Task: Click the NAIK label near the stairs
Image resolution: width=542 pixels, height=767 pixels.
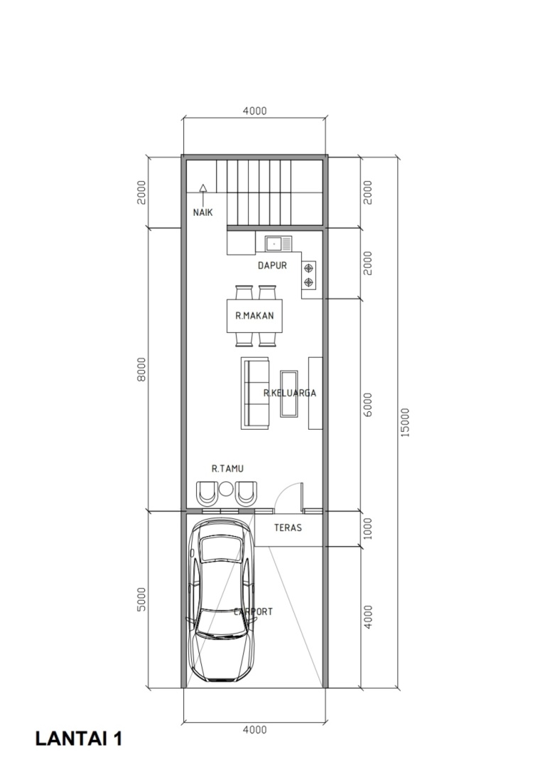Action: coord(203,213)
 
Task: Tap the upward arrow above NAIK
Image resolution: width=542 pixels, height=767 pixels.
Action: coord(203,195)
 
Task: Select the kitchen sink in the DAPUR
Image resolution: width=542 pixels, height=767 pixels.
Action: coord(278,244)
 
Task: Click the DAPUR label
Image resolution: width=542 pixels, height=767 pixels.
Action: coord(273,266)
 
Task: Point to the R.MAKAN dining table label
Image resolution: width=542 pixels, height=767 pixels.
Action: coord(254,315)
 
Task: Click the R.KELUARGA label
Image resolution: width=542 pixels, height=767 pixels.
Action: coord(290,393)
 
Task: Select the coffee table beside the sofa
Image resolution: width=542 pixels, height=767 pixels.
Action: coord(288,393)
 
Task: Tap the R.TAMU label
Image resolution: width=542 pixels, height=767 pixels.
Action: coord(227,469)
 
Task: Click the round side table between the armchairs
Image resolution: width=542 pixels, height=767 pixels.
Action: coord(226,489)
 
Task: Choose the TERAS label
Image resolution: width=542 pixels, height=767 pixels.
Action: coord(288,528)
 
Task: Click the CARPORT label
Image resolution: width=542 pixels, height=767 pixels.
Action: coord(253,611)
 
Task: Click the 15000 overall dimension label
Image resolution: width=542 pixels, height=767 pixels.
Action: coord(406,423)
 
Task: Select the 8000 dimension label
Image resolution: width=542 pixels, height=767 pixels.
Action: coord(141,369)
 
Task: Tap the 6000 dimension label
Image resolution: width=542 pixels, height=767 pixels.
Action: coord(368,405)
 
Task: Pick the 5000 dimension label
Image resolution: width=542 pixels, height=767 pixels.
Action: coord(141,599)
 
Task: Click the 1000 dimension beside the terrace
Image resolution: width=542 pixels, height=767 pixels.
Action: coord(368,529)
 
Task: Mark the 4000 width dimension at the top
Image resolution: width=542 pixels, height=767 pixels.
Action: coord(255,111)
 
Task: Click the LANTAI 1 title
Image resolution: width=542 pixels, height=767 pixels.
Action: coord(79,739)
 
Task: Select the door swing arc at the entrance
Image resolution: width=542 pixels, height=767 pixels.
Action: coord(283,491)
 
